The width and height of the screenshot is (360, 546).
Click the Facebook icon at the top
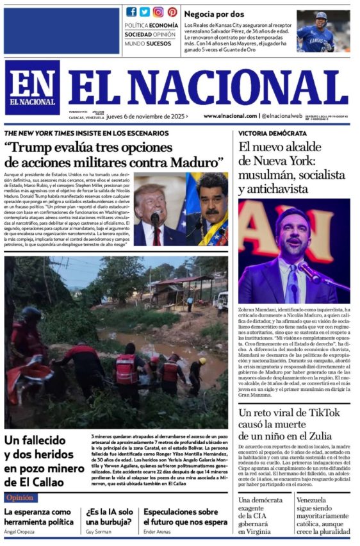131,12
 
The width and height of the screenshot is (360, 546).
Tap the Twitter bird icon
145,12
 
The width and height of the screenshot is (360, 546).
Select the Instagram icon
158,12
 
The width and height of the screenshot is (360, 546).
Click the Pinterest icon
172,12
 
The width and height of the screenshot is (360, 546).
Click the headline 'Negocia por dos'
214,13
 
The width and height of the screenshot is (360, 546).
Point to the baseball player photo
323,31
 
